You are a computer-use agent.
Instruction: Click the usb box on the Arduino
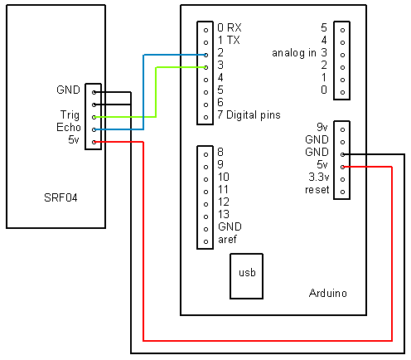coord(246,276)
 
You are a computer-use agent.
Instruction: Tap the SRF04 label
coord(60,197)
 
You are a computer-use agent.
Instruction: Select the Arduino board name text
coord(328,293)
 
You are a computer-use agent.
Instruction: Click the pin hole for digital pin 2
coord(205,55)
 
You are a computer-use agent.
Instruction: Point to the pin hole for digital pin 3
coord(205,67)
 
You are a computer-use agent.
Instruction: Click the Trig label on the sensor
coord(70,115)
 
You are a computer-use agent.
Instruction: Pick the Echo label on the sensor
coord(69,127)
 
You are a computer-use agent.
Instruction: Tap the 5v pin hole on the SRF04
coord(94,142)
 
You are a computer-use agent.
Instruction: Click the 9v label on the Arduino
coord(322,127)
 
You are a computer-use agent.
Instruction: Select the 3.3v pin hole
coord(343,179)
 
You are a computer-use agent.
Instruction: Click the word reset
coord(317,190)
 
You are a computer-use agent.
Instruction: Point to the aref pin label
coord(227,240)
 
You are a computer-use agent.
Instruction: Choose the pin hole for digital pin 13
coord(205,216)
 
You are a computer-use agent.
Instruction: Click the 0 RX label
coord(230,27)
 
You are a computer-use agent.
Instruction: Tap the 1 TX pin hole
coord(205,42)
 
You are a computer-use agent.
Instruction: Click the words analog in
coord(294,53)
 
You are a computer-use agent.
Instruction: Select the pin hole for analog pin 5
coord(343,30)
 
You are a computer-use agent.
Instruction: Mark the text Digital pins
coord(254,115)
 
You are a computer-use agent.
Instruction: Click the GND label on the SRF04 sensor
coord(68,90)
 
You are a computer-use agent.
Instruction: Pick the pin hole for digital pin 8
coord(205,154)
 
